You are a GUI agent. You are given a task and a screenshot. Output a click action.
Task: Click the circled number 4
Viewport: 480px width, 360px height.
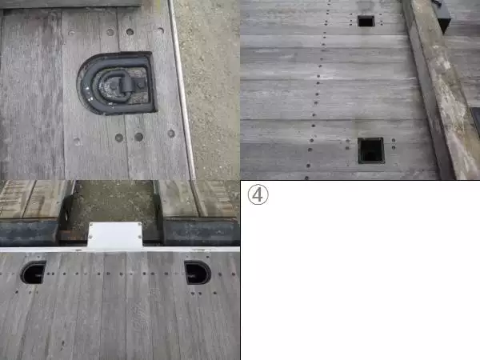pyautogui.click(x=258, y=194)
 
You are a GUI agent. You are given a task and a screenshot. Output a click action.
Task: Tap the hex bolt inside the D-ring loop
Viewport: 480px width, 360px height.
pyautogui.click(x=113, y=87)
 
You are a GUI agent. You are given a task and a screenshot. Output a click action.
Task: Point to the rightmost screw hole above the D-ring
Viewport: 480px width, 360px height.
pyautogui.click(x=161, y=30)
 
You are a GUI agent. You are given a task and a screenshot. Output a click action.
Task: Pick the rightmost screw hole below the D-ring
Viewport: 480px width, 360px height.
pyautogui.click(x=171, y=134)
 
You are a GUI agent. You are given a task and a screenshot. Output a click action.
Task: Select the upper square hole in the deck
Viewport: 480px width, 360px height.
pyautogui.click(x=366, y=22)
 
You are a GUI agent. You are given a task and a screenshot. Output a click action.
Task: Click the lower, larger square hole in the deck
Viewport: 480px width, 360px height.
pyautogui.click(x=371, y=150)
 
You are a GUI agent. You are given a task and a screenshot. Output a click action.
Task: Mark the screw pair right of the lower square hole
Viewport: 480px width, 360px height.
pyautogui.click(x=394, y=144)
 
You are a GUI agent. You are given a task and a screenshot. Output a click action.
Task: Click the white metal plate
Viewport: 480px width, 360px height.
pyautogui.click(x=115, y=235)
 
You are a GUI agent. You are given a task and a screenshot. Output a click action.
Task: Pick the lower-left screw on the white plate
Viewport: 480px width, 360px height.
pyautogui.click(x=90, y=237)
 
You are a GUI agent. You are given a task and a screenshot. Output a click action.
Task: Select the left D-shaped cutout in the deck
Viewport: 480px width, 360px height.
pyautogui.click(x=33, y=272)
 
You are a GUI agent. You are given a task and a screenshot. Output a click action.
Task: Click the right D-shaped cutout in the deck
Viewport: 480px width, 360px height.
pyautogui.click(x=198, y=273)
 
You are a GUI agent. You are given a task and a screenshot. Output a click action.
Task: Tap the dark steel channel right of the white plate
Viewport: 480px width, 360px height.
pyautogui.click(x=201, y=232)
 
